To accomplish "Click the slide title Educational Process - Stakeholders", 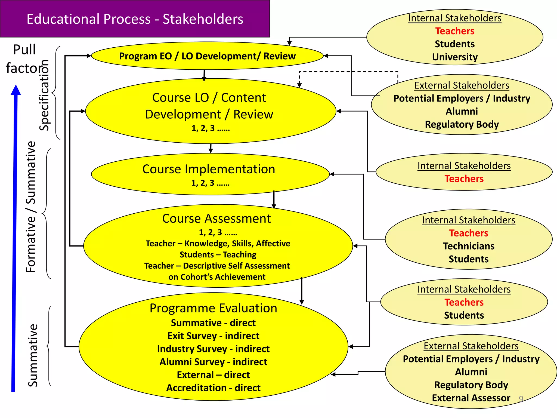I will coord(135,19).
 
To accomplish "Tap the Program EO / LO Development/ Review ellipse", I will coord(207,56).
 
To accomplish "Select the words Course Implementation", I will coord(209,169).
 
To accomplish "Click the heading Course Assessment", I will coord(216,219).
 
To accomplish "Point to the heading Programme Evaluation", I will coord(213,308).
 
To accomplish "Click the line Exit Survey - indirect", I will coord(213,336).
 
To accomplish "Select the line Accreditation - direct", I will coord(213,388).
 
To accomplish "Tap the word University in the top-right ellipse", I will coord(455,57).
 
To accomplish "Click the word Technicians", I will coord(469,246).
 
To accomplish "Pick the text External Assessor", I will coord(471,398).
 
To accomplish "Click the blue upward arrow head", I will coord(16,90).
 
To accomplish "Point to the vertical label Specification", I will coord(44,95).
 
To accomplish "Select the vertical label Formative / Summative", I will coord(31,207).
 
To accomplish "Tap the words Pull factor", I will coord(24,59).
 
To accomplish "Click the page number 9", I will coord(521,399).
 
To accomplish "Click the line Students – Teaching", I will coord(218,255).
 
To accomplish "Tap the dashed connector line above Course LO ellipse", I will coord(348,72).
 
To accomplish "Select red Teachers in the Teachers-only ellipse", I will coord(464,179).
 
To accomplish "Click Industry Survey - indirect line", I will coord(213,349).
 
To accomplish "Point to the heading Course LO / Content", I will coord(209,98).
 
